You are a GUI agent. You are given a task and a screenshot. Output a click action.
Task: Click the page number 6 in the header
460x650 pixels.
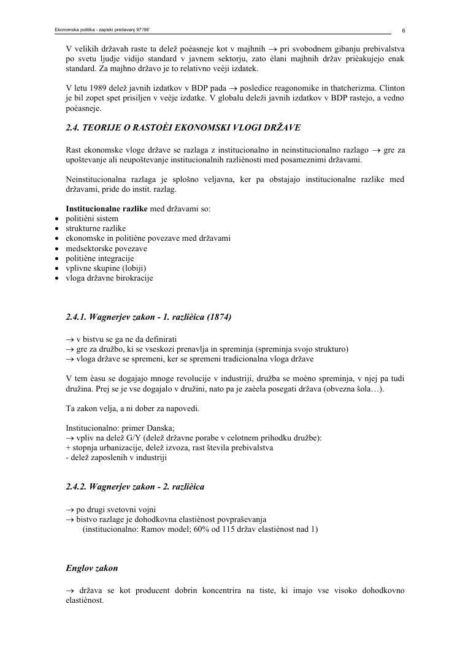[403, 30]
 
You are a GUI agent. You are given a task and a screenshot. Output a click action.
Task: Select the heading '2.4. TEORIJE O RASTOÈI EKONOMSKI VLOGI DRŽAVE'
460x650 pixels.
[183, 128]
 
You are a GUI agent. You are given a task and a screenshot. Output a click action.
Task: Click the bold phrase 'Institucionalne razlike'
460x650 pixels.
[106, 209]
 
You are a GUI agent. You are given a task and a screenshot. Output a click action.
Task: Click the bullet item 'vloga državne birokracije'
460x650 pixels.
[109, 278]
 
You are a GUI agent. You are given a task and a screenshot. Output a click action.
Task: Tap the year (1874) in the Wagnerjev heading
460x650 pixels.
[220, 317]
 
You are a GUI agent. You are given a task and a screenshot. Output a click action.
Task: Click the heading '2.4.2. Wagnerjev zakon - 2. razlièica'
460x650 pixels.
[135, 487]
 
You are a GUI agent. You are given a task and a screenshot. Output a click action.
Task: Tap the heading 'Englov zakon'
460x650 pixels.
[92, 569]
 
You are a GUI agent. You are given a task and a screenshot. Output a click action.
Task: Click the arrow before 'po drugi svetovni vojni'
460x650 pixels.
[69, 509]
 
